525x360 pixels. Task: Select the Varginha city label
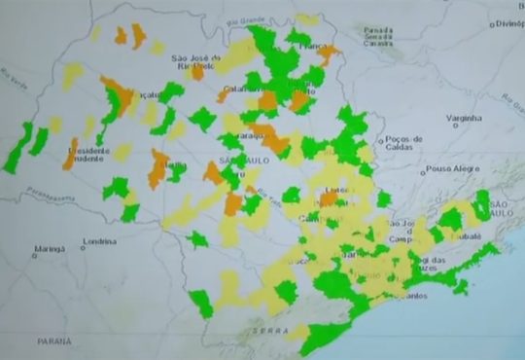464,118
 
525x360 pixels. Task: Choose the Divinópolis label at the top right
506,25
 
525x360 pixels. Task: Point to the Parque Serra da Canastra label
377,36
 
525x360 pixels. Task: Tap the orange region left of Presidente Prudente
70,153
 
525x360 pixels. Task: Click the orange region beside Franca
329,54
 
